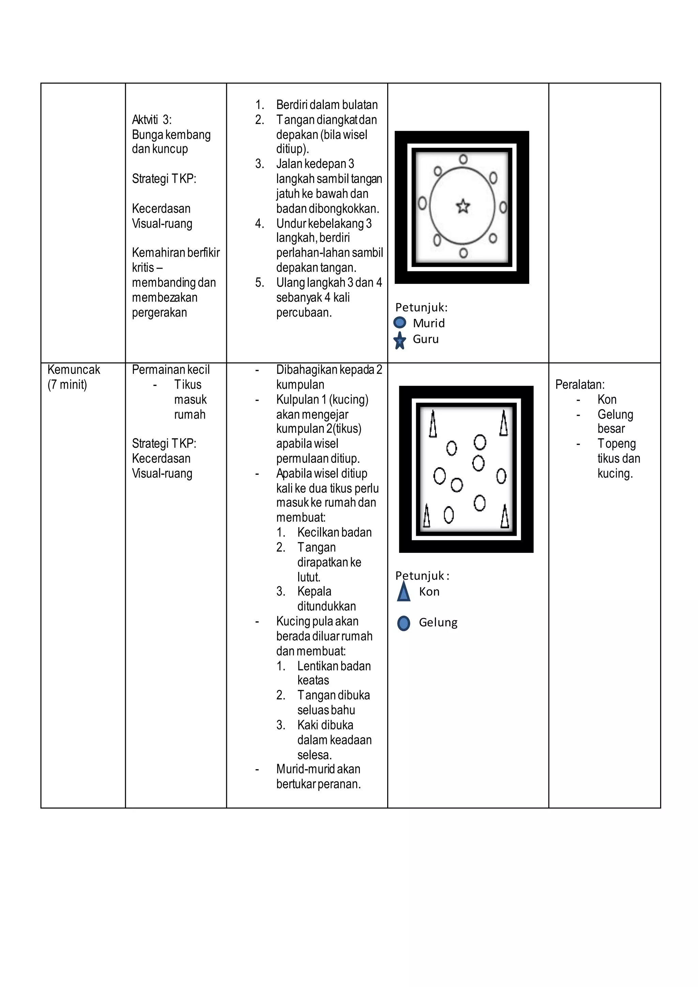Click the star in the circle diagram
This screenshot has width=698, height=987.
pyautogui.click(x=462, y=207)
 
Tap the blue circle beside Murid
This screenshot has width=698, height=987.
pyautogui.click(x=400, y=322)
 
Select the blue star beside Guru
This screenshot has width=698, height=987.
pyautogui.click(x=400, y=340)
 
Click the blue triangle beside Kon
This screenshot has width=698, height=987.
pyautogui.click(x=403, y=592)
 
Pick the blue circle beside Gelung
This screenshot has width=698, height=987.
pyautogui.click(x=403, y=623)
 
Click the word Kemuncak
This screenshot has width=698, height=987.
pyautogui.click(x=74, y=370)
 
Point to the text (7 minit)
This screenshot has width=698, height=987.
pyautogui.click(x=67, y=385)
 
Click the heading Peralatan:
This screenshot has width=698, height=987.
pyautogui.click(x=579, y=385)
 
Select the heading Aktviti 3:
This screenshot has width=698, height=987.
pyautogui.click(x=151, y=120)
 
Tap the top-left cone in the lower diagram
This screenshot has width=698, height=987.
pyautogui.click(x=433, y=425)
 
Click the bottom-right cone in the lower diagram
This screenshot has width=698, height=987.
pyautogui.click(x=505, y=517)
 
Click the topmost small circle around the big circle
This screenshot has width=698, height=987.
pyautogui.click(x=463, y=160)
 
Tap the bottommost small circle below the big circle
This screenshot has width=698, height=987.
pyautogui.click(x=463, y=253)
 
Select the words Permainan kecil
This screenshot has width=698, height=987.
pyautogui.click(x=171, y=370)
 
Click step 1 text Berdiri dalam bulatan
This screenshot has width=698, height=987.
pyautogui.click(x=327, y=105)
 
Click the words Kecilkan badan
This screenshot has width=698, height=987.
pyautogui.click(x=334, y=533)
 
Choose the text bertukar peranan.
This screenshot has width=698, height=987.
pyautogui.click(x=318, y=784)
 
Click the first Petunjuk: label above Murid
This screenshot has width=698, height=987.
pyautogui.click(x=421, y=307)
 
